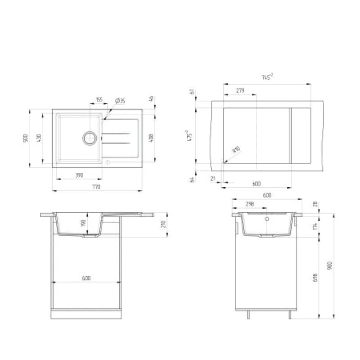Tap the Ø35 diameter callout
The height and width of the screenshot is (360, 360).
(x=120, y=100)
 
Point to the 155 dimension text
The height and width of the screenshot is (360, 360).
(x=99, y=100)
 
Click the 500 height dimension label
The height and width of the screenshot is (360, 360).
(x=26, y=138)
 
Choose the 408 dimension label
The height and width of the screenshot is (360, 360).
(x=151, y=138)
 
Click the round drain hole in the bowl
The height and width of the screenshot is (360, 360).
(x=90, y=137)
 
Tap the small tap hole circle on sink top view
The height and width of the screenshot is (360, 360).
(x=108, y=161)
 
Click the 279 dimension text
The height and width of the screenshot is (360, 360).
(x=240, y=90)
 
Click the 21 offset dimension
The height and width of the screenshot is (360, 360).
(x=213, y=179)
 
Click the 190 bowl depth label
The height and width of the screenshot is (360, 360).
(x=82, y=224)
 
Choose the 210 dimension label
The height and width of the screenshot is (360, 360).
(x=163, y=224)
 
